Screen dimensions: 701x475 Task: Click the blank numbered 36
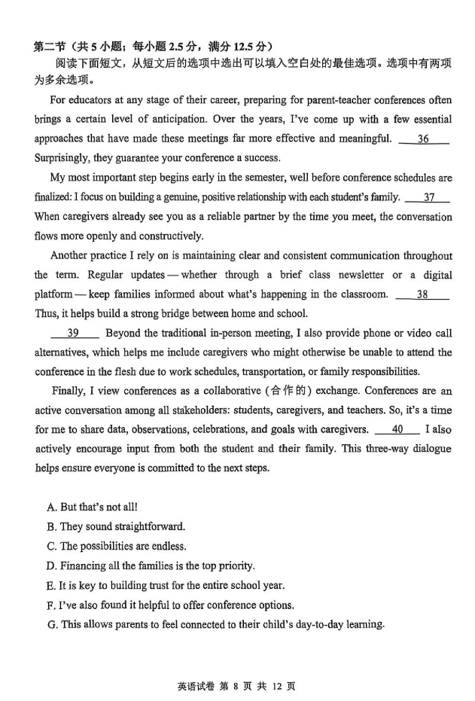coord(423,139)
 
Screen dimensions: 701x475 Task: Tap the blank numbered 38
coord(422,295)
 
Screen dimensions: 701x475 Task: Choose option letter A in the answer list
coord(51,507)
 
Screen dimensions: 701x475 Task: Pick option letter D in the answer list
coord(51,566)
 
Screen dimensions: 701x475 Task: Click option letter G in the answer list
coord(52,624)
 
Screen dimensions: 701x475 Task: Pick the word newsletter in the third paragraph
coord(358,276)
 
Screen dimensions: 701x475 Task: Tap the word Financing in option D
coord(84,566)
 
